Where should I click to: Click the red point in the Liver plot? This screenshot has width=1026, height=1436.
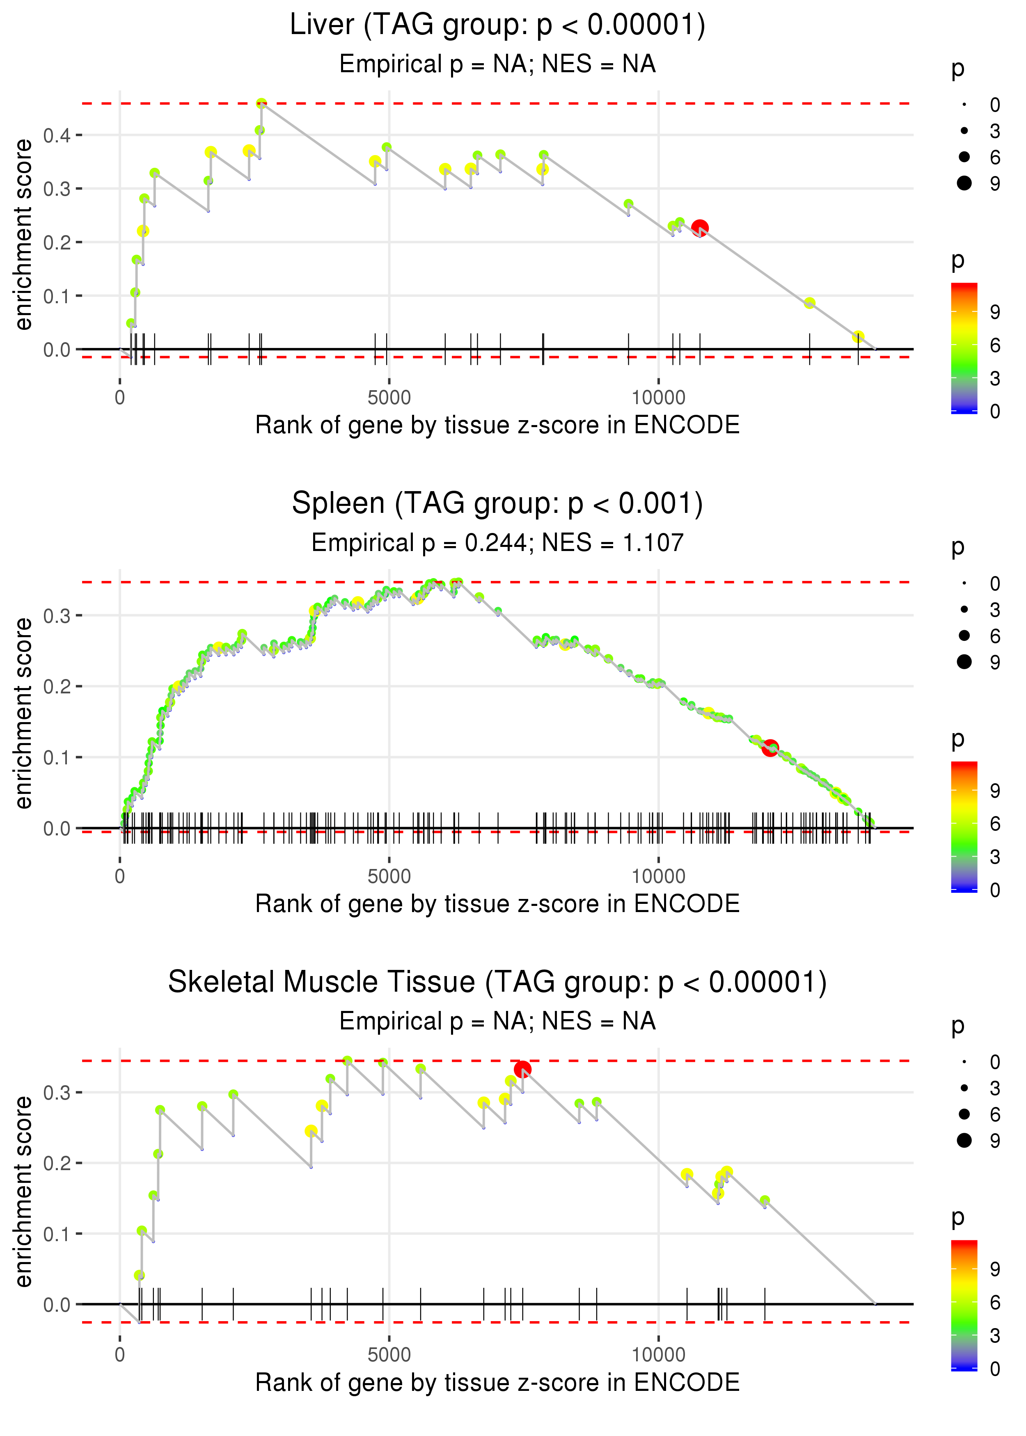(x=699, y=228)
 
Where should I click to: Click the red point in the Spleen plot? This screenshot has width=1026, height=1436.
(x=769, y=748)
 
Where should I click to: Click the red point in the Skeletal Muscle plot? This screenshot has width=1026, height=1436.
(x=522, y=1069)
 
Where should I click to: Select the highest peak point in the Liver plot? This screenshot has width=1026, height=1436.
(x=261, y=103)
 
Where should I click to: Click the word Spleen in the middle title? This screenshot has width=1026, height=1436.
(x=338, y=504)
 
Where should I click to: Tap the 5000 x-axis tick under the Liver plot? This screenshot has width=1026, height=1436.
(x=389, y=398)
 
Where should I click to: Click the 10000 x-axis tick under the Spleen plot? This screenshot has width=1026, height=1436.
(x=658, y=876)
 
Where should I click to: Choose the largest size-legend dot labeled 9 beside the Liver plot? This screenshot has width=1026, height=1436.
(x=964, y=183)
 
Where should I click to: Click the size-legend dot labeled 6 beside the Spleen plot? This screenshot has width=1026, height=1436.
(x=964, y=635)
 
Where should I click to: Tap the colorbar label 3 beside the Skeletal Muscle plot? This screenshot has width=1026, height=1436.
(x=995, y=1335)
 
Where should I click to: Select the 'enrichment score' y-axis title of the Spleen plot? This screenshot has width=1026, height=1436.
(x=24, y=713)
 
